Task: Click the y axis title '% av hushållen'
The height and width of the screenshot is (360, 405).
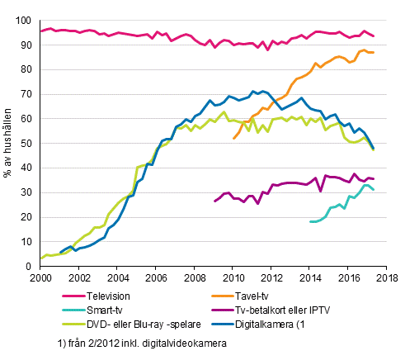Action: pyautogui.click(x=7, y=143)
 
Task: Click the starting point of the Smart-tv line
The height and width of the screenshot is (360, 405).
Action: pyautogui.click(x=310, y=221)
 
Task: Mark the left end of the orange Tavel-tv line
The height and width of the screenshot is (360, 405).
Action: pyautogui.click(x=233, y=138)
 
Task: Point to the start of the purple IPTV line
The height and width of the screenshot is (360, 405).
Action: pyautogui.click(x=214, y=201)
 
